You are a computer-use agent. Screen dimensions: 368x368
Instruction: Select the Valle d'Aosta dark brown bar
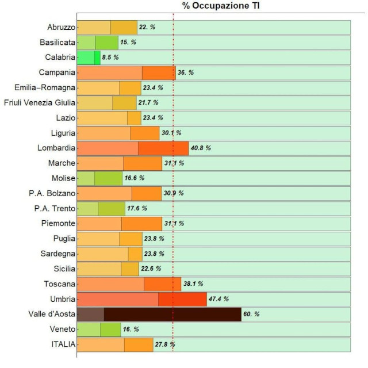[x=159, y=314]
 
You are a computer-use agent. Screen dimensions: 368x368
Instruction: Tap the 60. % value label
[x=251, y=315]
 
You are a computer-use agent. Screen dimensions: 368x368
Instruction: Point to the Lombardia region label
[x=56, y=147]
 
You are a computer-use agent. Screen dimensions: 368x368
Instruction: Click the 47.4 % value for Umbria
[x=218, y=299]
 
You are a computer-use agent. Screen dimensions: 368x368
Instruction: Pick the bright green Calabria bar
[x=89, y=57]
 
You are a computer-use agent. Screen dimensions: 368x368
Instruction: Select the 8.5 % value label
[x=110, y=57]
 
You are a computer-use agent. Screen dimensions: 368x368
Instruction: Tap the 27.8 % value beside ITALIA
[x=164, y=344]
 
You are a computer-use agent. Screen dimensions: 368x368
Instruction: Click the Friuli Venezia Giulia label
[x=40, y=102]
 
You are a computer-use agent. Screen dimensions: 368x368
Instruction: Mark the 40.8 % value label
[x=201, y=148]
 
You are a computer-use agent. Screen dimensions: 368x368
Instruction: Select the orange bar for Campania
[x=126, y=72]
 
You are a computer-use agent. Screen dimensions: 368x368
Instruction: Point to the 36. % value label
[x=186, y=73]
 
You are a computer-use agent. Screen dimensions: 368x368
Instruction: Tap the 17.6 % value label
[x=137, y=208]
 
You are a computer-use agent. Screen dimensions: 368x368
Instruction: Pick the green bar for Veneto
[x=99, y=329]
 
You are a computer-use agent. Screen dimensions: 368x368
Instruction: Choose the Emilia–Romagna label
[x=45, y=87]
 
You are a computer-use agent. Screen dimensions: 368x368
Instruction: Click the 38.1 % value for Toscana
[x=193, y=284]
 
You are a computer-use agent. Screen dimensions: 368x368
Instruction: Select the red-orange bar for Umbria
[x=141, y=299]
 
